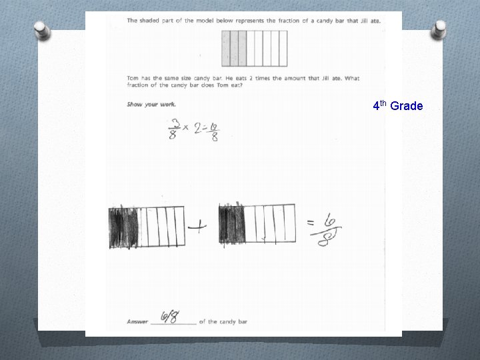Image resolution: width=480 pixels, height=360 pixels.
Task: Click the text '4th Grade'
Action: tap(397, 105)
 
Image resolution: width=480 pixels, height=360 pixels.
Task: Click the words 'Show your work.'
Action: tap(151, 104)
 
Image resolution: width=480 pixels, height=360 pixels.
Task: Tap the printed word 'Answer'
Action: tap(137, 321)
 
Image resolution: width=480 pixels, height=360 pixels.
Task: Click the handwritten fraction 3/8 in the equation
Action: tap(175, 130)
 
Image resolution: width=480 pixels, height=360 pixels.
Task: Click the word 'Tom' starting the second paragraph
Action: tap(133, 78)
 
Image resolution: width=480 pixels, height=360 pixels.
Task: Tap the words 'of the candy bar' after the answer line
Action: tap(223, 321)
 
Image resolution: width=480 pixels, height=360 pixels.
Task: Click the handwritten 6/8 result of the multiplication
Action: tap(216, 131)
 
